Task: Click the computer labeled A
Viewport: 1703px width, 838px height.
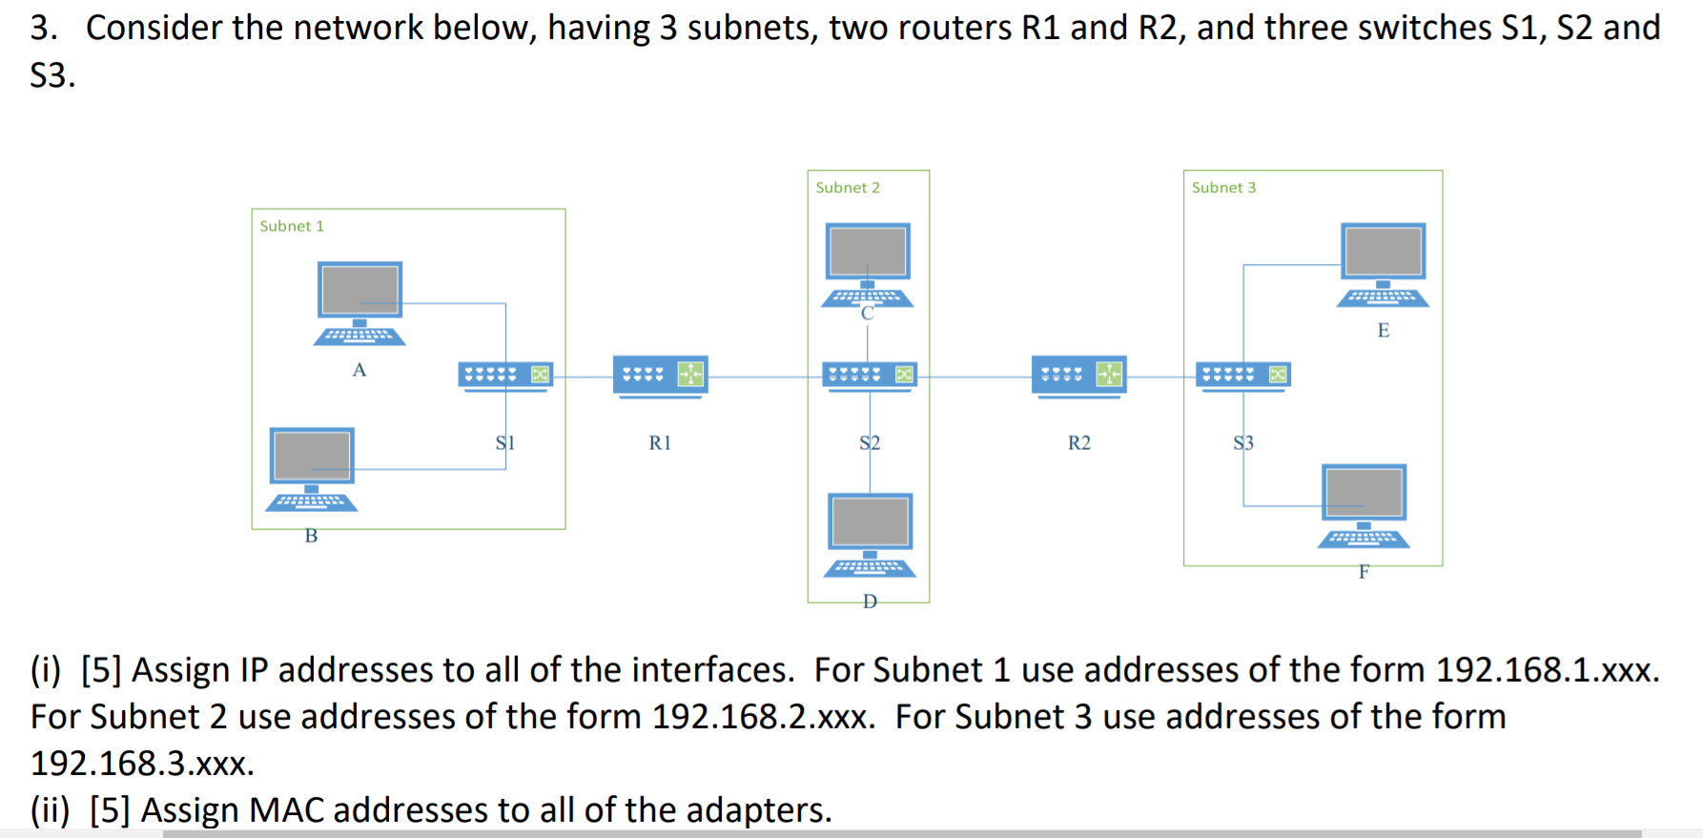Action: pos(359,302)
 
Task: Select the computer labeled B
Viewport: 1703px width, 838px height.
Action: pos(312,468)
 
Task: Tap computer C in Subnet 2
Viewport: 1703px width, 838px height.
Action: pos(868,264)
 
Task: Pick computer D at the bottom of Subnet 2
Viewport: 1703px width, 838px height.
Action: pos(870,534)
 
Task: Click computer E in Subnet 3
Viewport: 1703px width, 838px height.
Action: pos(1383,264)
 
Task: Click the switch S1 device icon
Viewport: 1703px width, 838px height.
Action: pos(505,376)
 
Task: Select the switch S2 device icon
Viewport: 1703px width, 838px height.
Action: pos(869,376)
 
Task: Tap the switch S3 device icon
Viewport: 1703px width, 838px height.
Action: pos(1243,376)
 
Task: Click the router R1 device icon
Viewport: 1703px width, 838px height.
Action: pos(660,376)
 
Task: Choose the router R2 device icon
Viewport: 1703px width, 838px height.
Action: pos(1078,376)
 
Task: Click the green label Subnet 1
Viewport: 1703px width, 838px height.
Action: pos(292,226)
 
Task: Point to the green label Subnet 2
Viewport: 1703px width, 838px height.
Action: pos(848,188)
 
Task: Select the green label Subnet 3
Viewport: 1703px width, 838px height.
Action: pos(1223,188)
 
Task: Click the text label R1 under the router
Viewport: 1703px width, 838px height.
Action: pos(660,443)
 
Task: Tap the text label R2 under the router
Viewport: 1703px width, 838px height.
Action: pos(1078,443)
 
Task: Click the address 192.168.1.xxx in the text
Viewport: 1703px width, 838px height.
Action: pos(1546,670)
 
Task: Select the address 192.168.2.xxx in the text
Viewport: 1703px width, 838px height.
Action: pos(762,717)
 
